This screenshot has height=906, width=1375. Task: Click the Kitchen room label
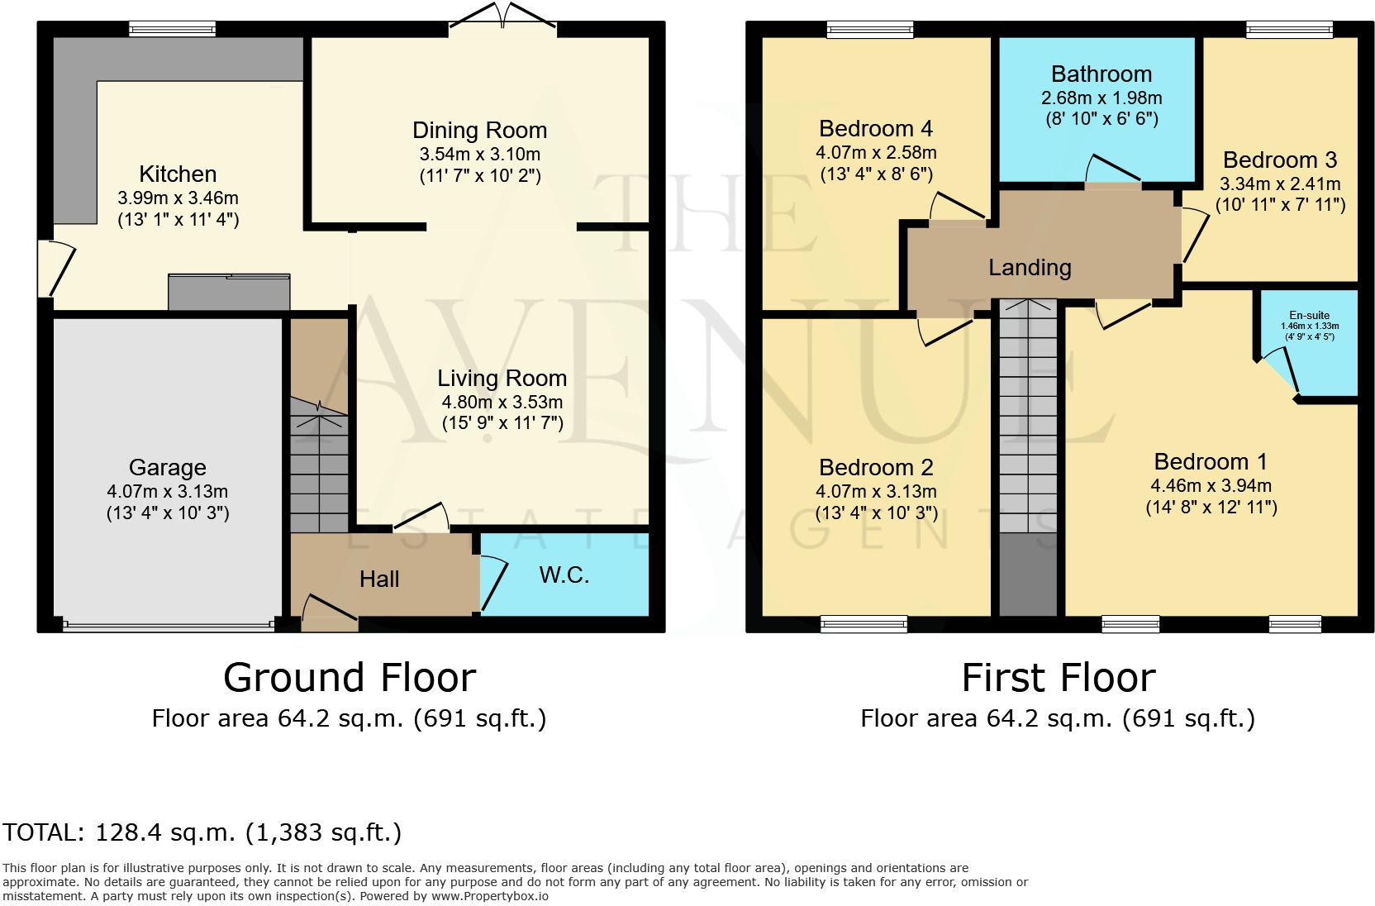(x=178, y=174)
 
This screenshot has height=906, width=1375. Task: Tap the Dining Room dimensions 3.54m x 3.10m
(x=479, y=154)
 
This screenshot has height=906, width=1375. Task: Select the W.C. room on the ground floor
(x=564, y=575)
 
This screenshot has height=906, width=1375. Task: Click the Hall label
(x=379, y=579)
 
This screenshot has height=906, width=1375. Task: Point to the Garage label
(x=167, y=468)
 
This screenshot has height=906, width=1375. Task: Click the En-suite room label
(x=1309, y=315)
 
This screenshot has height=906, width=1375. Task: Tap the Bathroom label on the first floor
(x=1101, y=74)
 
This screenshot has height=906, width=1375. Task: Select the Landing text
(x=1030, y=268)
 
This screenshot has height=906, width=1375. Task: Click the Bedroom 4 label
(x=875, y=129)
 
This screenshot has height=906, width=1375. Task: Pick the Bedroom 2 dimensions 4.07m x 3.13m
(x=876, y=491)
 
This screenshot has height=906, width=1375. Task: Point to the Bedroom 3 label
(x=1279, y=160)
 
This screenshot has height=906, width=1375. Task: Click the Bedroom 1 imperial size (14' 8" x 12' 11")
(x=1211, y=508)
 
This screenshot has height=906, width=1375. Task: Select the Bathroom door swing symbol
(x=1112, y=170)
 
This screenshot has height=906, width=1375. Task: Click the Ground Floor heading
(x=350, y=678)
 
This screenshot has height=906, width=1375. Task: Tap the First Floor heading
(x=1058, y=678)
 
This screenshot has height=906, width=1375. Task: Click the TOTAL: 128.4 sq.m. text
(x=202, y=832)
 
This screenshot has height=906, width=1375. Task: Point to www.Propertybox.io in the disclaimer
(x=489, y=896)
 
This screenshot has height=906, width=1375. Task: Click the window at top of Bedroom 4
(x=870, y=31)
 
